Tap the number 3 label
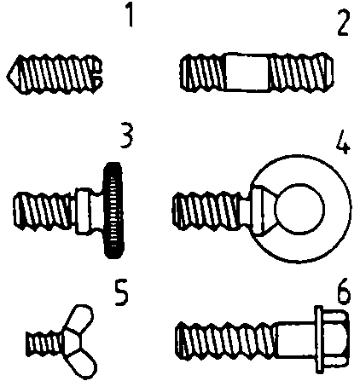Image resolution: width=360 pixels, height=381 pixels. pyautogui.click(x=126, y=136)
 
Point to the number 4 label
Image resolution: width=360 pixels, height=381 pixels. pyautogui.click(x=343, y=141)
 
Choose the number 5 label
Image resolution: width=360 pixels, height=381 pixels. pyautogui.click(x=122, y=293)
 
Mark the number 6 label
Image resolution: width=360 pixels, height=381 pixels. pyautogui.click(x=344, y=292)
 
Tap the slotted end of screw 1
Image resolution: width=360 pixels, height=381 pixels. pyautogui.click(x=96, y=74)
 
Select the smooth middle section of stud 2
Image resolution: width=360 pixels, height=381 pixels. pyautogui.click(x=247, y=72)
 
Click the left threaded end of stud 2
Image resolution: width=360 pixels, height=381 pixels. pyautogui.click(x=203, y=72)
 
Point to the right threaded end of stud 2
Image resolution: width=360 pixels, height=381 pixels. pyautogui.click(x=301, y=72)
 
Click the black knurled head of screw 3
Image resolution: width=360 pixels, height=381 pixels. pyautogui.click(x=113, y=211)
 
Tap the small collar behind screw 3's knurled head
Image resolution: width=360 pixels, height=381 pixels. pyautogui.click(x=84, y=211)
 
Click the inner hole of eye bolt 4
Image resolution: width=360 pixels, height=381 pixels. pyautogui.click(x=299, y=209)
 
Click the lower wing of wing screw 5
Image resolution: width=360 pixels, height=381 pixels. pyautogui.click(x=83, y=364)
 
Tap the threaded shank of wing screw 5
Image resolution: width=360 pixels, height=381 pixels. pyautogui.click(x=44, y=343)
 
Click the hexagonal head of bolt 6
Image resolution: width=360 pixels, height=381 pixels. pyautogui.click(x=332, y=339)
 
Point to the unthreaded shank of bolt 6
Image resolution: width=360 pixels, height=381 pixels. pyautogui.click(x=296, y=339)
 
